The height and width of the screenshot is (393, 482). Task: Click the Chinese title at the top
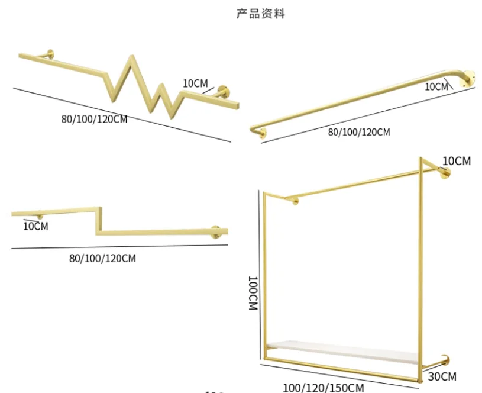pyautogui.click(x=260, y=13)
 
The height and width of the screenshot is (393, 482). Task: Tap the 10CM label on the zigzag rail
pyautogui.click(x=195, y=83)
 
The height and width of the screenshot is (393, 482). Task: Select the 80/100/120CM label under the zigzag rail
pyautogui.click(x=95, y=118)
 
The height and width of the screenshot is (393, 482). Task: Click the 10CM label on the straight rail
pyautogui.click(x=436, y=86)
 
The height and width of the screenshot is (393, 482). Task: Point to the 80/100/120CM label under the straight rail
pyautogui.click(x=359, y=132)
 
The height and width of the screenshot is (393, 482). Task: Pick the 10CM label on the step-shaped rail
pyautogui.click(x=36, y=226)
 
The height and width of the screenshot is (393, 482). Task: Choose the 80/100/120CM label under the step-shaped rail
pyautogui.click(x=102, y=258)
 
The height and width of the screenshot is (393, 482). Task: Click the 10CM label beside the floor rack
pyautogui.click(x=455, y=160)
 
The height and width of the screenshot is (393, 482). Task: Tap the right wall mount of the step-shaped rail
pyautogui.click(x=216, y=231)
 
